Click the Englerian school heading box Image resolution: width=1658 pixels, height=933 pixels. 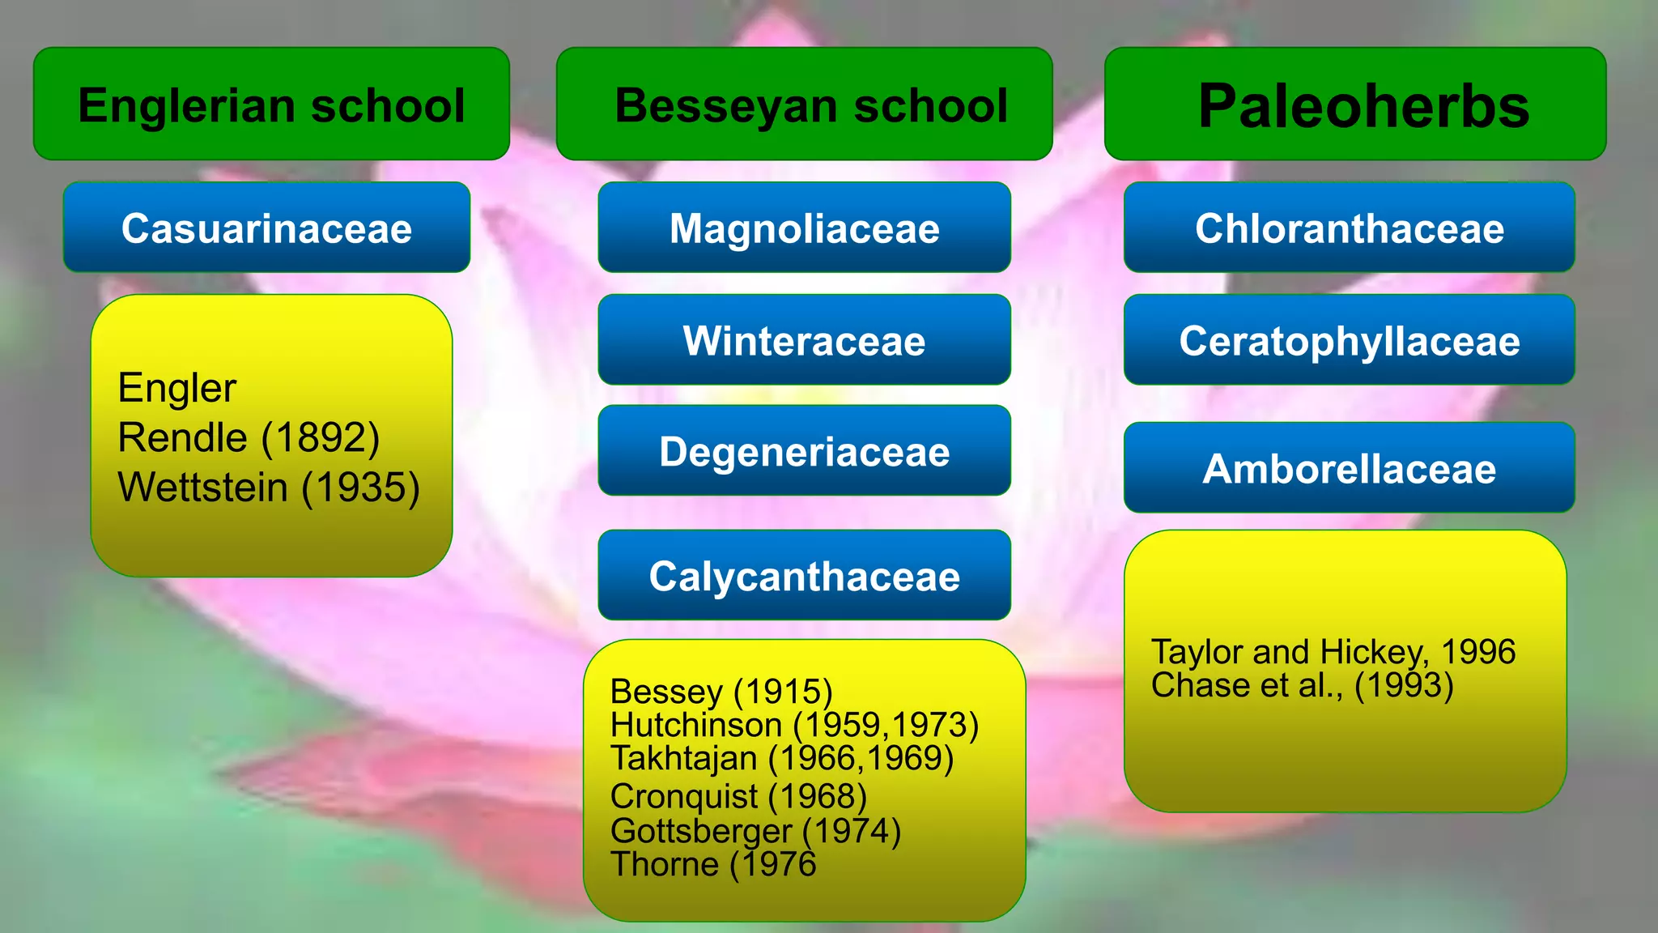tap(271, 104)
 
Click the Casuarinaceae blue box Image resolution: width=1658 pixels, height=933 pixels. tap(266, 228)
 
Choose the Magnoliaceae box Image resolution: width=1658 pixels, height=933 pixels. tap(804, 228)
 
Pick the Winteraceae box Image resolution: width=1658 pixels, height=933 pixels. tap(804, 340)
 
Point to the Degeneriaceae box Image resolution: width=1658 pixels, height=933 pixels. tap(804, 451)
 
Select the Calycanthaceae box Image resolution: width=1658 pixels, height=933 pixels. tap(804, 576)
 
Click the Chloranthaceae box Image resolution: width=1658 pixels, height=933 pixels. tap(1349, 228)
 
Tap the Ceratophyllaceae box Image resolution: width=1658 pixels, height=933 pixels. tap(1349, 340)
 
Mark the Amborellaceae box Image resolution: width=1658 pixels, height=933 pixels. tap(1349, 468)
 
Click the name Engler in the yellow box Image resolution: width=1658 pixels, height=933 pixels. tap(177, 388)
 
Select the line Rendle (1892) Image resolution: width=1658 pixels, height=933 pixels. tap(249, 438)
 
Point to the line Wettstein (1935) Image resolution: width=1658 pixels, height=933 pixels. tap(268, 488)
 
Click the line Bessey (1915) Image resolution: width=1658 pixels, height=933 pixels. tap(721, 692)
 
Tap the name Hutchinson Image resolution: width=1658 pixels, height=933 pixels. tap(696, 725)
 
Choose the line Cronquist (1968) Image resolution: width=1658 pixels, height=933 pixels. tap(738, 796)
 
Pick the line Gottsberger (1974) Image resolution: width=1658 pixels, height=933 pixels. tap(755, 831)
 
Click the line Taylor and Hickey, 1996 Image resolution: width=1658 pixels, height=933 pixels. tap(1333, 652)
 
